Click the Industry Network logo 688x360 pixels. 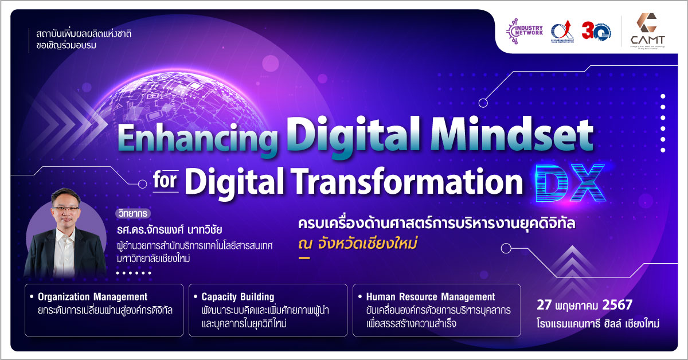(523, 32)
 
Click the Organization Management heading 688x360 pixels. (92, 297)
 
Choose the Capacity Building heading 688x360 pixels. (237, 297)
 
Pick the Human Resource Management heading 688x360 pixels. (430, 297)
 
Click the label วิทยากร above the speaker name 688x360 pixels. (131, 214)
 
